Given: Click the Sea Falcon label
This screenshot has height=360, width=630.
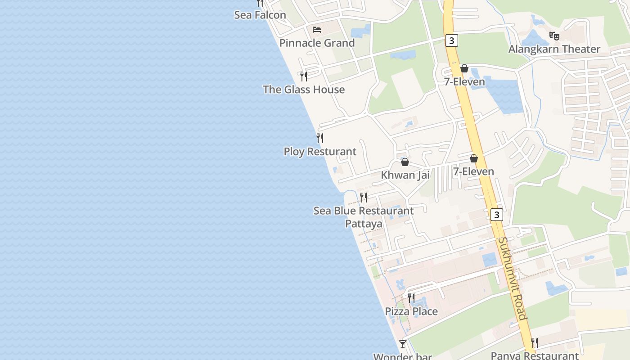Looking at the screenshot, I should click(260, 15).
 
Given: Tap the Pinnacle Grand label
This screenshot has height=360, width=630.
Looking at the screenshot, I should click(317, 43).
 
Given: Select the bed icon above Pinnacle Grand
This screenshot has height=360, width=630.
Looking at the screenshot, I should click(317, 30).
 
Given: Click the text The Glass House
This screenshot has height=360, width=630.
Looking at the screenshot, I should click(304, 90).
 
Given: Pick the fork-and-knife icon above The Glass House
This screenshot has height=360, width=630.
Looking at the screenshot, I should click(304, 76).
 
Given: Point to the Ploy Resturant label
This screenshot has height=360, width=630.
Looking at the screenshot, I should click(319, 152).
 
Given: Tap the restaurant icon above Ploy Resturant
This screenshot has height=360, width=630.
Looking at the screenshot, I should click(320, 138).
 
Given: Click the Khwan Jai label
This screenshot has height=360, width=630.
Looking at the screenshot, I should click(405, 175).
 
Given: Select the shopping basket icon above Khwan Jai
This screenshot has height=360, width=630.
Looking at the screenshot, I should click(405, 162).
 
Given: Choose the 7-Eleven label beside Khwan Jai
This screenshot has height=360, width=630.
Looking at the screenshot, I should click(473, 171).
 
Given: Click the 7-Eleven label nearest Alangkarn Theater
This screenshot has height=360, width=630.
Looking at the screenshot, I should click(464, 82).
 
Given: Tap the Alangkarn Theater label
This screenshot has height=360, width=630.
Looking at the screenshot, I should click(554, 49).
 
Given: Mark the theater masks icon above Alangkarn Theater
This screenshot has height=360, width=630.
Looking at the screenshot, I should click(554, 35).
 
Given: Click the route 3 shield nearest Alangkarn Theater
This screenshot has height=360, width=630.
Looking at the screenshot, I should click(452, 40).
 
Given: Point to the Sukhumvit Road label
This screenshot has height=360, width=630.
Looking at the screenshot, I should click(513, 278).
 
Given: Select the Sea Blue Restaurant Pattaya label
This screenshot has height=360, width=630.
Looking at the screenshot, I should click(364, 217).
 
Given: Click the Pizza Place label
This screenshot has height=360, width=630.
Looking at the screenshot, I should click(411, 311).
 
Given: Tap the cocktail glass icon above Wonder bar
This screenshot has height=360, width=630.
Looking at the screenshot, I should click(403, 344).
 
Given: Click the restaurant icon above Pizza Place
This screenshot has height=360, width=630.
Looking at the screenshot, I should click(411, 298).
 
